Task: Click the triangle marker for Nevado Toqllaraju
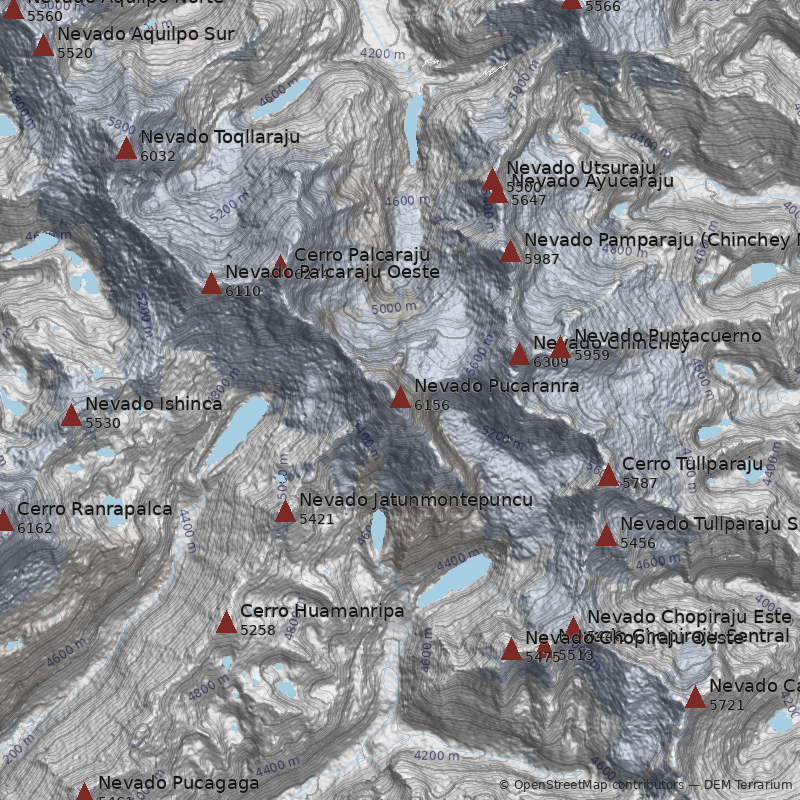[126, 149]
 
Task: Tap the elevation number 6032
[157, 156]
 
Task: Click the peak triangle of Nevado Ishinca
[71, 415]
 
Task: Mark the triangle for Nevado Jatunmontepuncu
[285, 512]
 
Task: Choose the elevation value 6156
[431, 405]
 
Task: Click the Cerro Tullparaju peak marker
[608, 475]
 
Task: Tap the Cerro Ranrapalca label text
[94, 509]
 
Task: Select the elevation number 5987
[541, 259]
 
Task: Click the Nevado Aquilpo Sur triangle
[43, 45]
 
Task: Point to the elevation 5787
[639, 483]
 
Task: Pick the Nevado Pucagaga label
[178, 783]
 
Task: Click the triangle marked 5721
[695, 698]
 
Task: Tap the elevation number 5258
[257, 630]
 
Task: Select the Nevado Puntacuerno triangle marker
[560, 348]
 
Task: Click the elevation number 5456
[637, 543]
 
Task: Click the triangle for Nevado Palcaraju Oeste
[211, 283]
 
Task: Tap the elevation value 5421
[316, 519]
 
